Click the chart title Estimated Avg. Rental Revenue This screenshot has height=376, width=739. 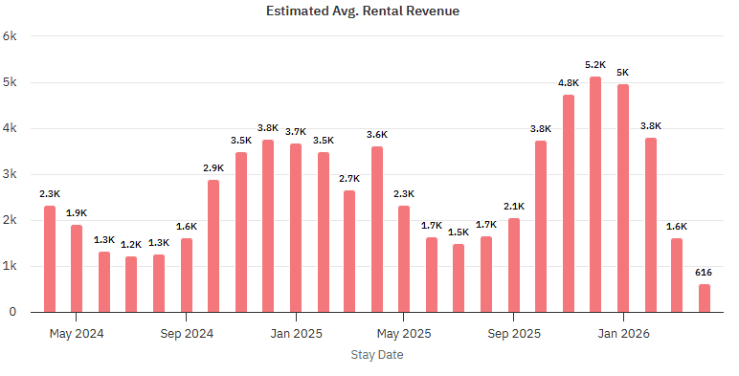(369, 11)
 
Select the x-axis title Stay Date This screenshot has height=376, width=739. (376, 355)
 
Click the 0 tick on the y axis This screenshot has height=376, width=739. (13, 312)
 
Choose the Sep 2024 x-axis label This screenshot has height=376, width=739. (186, 334)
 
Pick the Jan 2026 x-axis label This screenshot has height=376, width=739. (623, 334)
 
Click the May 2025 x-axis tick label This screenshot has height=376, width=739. (404, 334)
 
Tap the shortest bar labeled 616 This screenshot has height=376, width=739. (705, 298)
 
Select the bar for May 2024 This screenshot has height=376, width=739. (77, 268)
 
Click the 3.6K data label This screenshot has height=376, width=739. (377, 135)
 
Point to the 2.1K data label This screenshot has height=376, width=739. (514, 207)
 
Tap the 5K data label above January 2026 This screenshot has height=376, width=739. (623, 73)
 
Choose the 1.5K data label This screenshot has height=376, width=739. (459, 232)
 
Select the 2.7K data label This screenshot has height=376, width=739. (349, 179)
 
